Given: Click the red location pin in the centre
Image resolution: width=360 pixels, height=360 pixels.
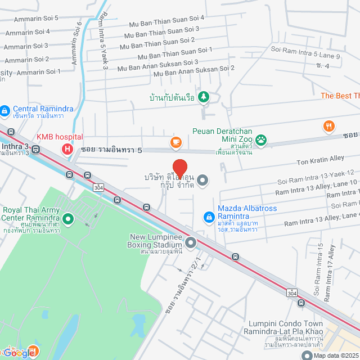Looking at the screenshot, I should click(179, 169).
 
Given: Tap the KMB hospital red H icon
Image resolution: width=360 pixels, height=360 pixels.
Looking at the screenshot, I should click(67, 149).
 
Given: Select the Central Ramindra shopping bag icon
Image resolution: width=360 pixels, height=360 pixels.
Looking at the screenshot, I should click(5, 111).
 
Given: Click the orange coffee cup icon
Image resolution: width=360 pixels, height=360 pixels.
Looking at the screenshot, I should click(175, 142).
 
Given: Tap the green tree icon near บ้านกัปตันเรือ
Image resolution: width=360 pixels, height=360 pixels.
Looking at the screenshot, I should click(203, 98).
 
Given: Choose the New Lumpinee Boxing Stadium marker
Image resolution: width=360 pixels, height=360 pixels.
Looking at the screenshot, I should click(191, 243).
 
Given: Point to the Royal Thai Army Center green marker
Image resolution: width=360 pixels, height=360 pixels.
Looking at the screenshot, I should click(68, 219).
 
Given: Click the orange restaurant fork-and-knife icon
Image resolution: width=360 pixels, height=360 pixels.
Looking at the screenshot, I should click(329, 127).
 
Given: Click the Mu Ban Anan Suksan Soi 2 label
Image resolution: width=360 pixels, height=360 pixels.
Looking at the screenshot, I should click(194, 71).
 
